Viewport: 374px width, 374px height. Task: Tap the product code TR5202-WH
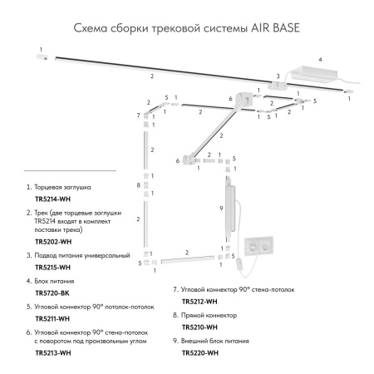click(x=52, y=241)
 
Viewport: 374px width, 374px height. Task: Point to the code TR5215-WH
click(x=52, y=268)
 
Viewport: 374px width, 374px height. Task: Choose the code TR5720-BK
click(x=52, y=293)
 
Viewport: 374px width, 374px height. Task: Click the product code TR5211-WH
click(x=52, y=319)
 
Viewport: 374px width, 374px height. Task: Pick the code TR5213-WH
click(x=52, y=354)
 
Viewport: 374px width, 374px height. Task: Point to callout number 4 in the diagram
click(x=318, y=60)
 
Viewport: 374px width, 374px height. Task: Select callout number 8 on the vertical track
click(x=139, y=185)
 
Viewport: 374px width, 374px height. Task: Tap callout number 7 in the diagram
click(x=139, y=115)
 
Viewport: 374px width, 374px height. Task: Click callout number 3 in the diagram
click(x=278, y=76)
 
